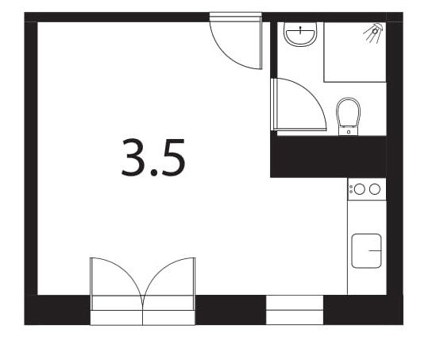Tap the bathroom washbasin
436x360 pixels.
[x=301, y=36]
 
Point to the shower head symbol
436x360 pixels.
[x=373, y=31]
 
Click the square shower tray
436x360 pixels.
[x=354, y=52]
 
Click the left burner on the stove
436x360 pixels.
[x=359, y=189]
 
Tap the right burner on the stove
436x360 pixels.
[x=374, y=189]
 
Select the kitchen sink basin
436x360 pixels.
[x=367, y=251]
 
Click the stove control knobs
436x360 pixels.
[x=350, y=189]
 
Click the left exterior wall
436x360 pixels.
[x=31, y=159]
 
